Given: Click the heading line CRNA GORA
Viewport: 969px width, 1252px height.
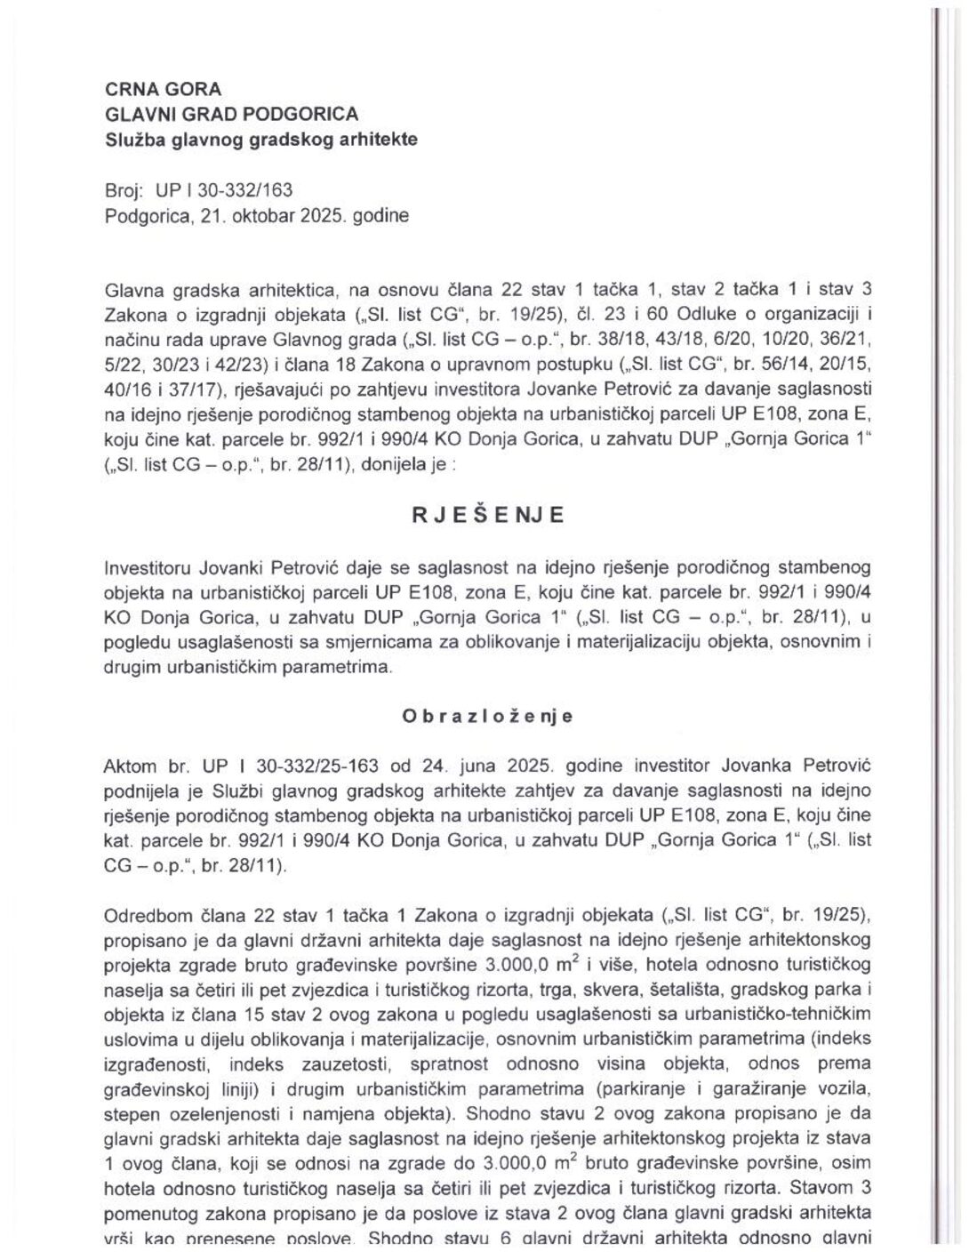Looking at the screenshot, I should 163,89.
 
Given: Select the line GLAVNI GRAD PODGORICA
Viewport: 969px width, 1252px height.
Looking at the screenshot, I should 231,114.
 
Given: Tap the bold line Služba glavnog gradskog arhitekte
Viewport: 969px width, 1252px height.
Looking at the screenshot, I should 260,140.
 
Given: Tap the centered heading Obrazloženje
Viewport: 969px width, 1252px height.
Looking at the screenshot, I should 487,717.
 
